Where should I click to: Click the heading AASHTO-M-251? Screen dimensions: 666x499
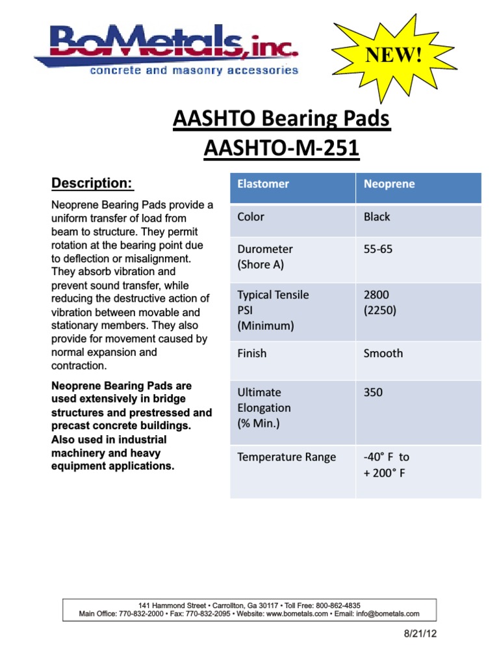281,149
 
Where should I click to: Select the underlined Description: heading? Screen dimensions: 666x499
92,183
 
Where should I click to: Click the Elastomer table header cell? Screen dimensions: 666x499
263,184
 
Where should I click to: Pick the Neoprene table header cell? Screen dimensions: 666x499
389,184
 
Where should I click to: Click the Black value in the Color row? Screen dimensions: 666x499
377,217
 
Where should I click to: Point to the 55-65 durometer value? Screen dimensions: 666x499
378,249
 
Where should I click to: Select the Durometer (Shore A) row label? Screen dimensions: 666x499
265,257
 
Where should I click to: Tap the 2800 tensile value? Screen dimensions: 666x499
376,295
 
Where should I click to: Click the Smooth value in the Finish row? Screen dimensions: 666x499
383,353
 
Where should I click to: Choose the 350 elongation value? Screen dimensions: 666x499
374,392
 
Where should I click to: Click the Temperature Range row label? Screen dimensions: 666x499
287,457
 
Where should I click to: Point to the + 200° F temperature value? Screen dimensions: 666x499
385,473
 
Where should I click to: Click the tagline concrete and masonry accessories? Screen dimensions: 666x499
194,70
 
